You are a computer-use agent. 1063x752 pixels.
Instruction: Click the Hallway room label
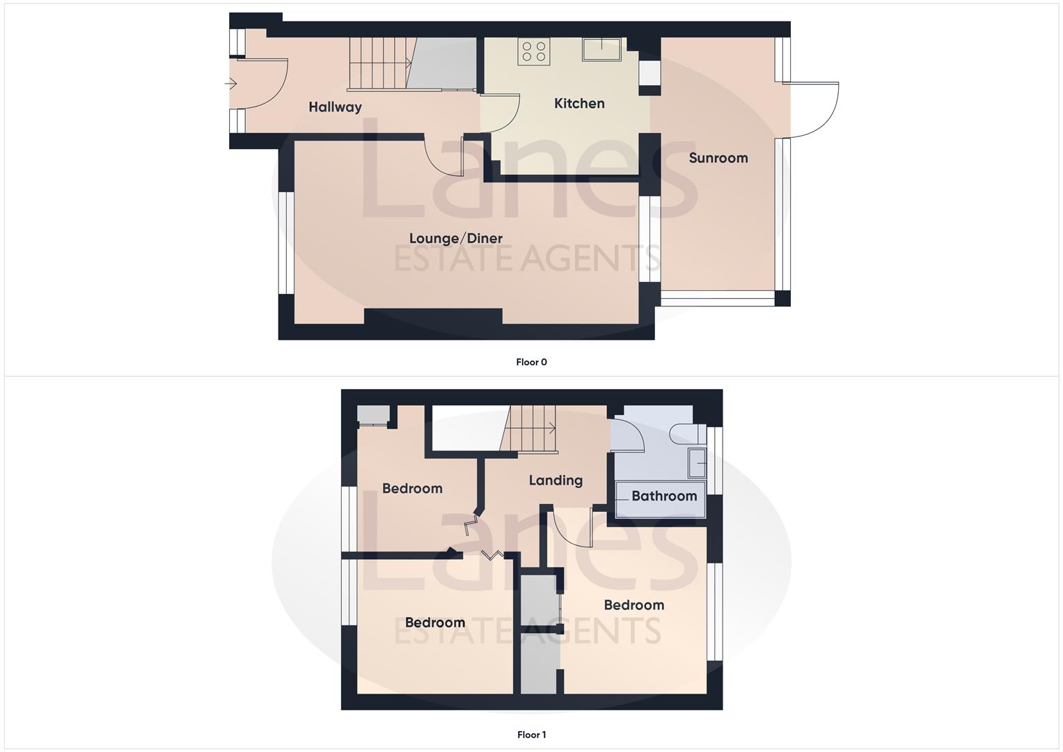click(x=335, y=107)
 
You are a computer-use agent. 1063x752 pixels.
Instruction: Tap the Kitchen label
click(x=579, y=104)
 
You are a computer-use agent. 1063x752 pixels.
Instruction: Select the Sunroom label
click(x=718, y=158)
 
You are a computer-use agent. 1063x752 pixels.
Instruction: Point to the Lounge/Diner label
click(x=455, y=239)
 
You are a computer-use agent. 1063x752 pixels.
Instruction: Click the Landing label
click(x=555, y=480)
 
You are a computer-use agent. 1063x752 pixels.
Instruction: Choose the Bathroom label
click(x=663, y=496)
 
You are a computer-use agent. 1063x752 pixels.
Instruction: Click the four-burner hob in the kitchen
click(x=534, y=52)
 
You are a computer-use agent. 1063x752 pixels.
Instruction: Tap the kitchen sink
click(x=601, y=49)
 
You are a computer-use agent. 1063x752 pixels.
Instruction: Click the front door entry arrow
click(x=231, y=84)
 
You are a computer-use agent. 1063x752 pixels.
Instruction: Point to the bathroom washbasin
click(x=697, y=463)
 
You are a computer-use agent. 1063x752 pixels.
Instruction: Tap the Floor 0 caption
click(x=531, y=362)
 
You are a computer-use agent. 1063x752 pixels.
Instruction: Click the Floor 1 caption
click(x=531, y=735)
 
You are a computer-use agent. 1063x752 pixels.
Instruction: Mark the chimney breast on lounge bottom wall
click(x=433, y=318)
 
